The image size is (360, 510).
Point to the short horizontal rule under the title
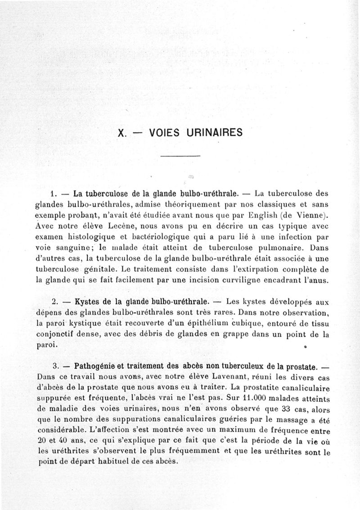tap(180, 156)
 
